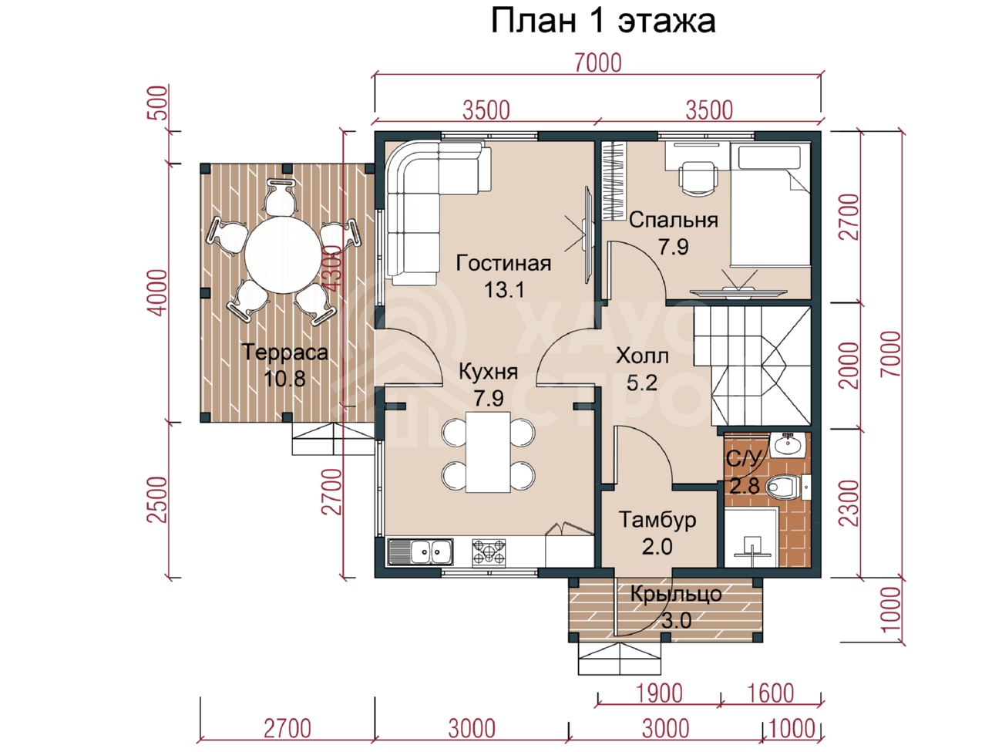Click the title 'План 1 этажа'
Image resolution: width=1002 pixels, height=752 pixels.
coord(603,21)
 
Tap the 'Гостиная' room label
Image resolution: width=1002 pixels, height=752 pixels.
coord(503,264)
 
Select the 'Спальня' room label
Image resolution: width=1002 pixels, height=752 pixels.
coord(674,220)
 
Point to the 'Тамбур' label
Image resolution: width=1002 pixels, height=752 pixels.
coord(657,520)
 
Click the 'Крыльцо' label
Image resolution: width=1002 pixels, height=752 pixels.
coord(676,594)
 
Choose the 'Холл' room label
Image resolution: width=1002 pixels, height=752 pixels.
coord(642,356)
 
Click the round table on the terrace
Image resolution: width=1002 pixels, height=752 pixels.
coord(283,255)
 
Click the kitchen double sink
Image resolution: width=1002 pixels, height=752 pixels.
coord(420,551)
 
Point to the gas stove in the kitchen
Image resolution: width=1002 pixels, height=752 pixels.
coord(489,551)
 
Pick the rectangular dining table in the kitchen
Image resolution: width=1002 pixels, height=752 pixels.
coord(488,452)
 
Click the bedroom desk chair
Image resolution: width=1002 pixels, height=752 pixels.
coord(698,178)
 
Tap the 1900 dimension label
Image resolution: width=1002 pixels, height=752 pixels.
coord(659,693)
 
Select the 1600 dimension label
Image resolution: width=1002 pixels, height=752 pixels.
coord(771,693)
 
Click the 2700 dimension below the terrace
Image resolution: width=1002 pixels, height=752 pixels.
coord(287,728)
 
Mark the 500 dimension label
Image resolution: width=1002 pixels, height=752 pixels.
coord(157,103)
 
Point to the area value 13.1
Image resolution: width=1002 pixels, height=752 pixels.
coord(503,289)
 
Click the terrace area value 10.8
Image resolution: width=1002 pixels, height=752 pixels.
coord(284,379)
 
